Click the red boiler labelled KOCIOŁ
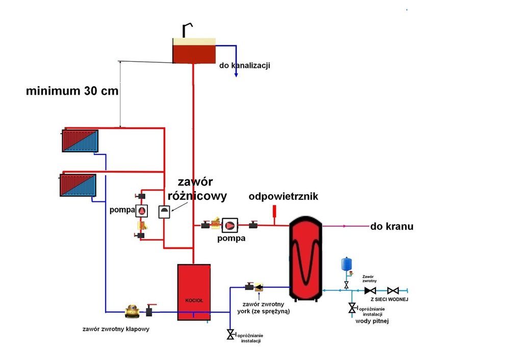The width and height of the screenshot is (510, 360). click(193, 292)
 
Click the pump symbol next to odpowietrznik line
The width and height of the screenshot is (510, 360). click(230, 225)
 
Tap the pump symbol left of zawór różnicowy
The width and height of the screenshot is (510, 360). click(142, 211)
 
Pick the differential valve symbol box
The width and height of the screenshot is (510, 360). click(164, 211)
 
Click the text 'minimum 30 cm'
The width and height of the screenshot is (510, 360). click(72, 92)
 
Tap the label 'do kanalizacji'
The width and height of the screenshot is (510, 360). click(244, 66)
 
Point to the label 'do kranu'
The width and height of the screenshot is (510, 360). click(392, 226)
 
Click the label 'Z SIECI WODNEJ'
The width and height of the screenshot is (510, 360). click(389, 299)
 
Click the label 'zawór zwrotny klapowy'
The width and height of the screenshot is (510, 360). click(116, 329)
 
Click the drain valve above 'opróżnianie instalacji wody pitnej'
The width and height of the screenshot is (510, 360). click(352, 308)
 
